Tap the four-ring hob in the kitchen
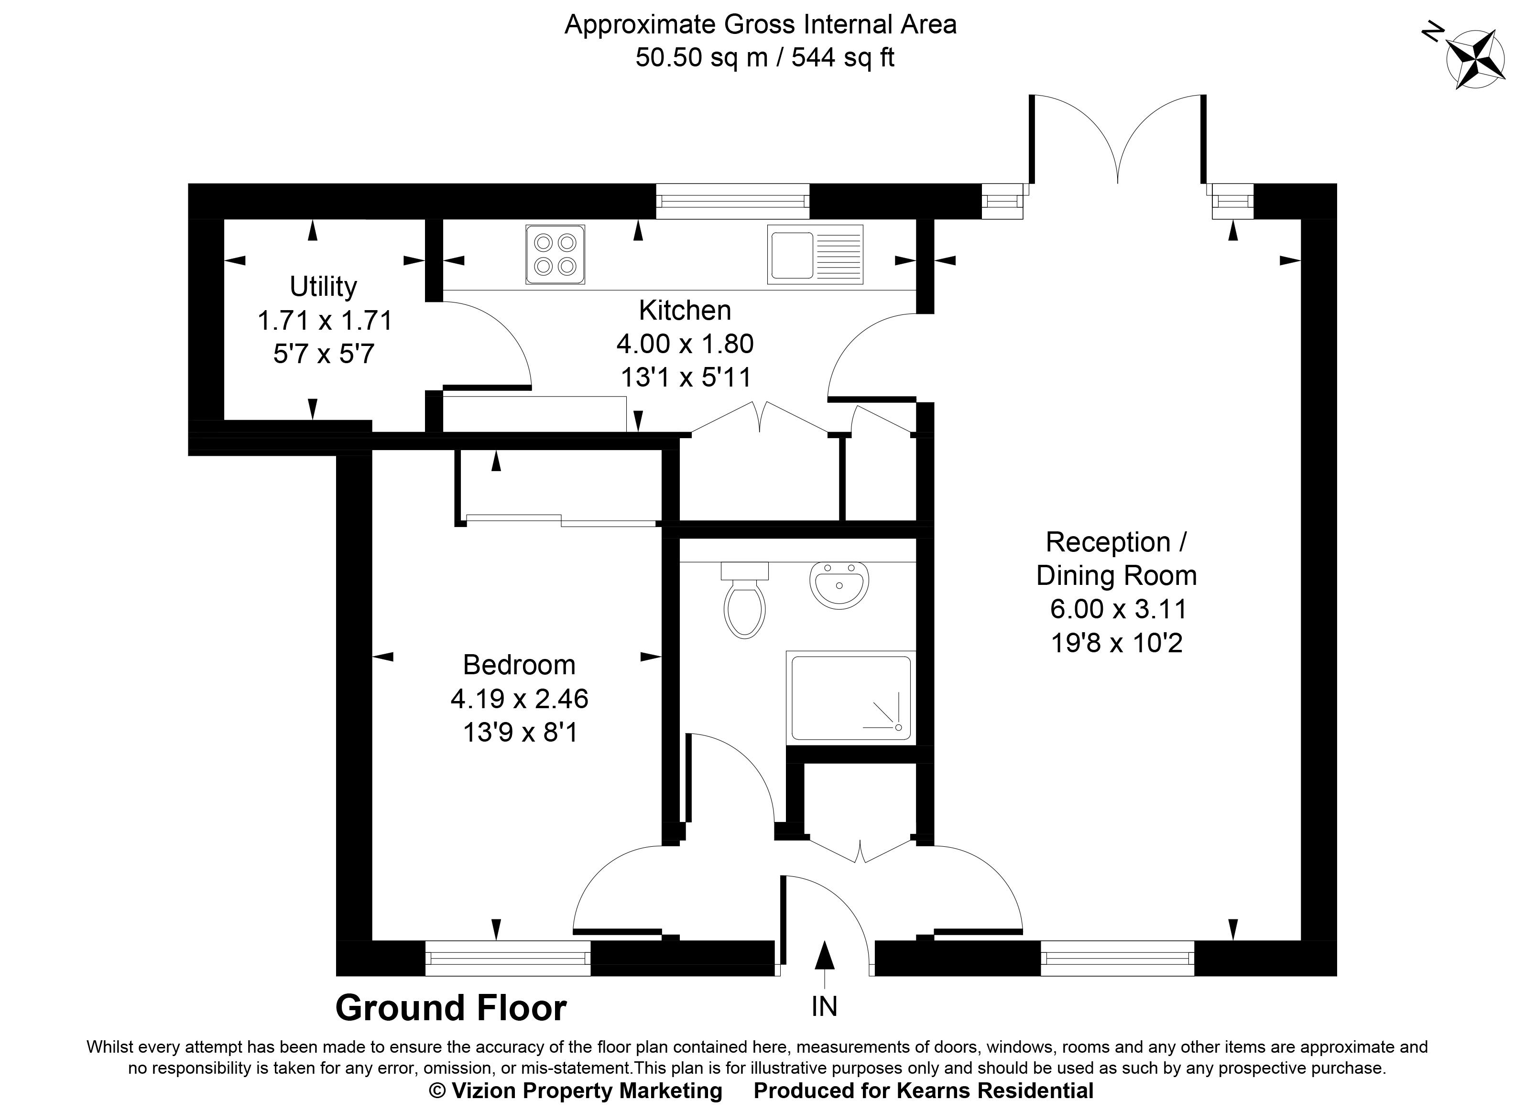[x=555, y=254]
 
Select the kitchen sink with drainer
[x=815, y=254]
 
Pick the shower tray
[x=851, y=698]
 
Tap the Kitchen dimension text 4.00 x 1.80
[x=685, y=344]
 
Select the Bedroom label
[x=519, y=665]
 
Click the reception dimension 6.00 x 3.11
[x=1117, y=609]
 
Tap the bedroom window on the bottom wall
[x=508, y=958]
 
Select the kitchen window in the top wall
[x=732, y=201]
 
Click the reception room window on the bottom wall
[x=1117, y=958]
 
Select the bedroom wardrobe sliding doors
[x=560, y=520]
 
